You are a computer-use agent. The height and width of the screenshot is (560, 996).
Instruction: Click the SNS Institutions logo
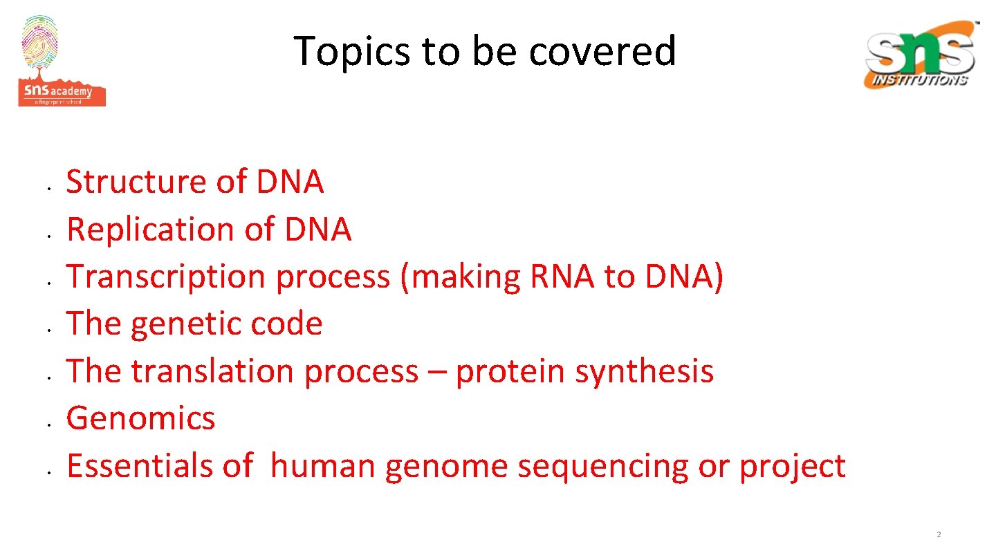tap(921, 55)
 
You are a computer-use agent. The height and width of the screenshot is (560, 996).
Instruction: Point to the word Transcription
tap(165, 277)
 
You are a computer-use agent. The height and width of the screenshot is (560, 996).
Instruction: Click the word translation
tap(214, 371)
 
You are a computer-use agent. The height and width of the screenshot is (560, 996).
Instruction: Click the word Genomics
tap(140, 418)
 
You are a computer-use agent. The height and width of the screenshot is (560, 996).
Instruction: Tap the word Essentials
tap(139, 465)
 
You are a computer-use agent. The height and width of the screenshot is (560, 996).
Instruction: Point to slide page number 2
tap(939, 534)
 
